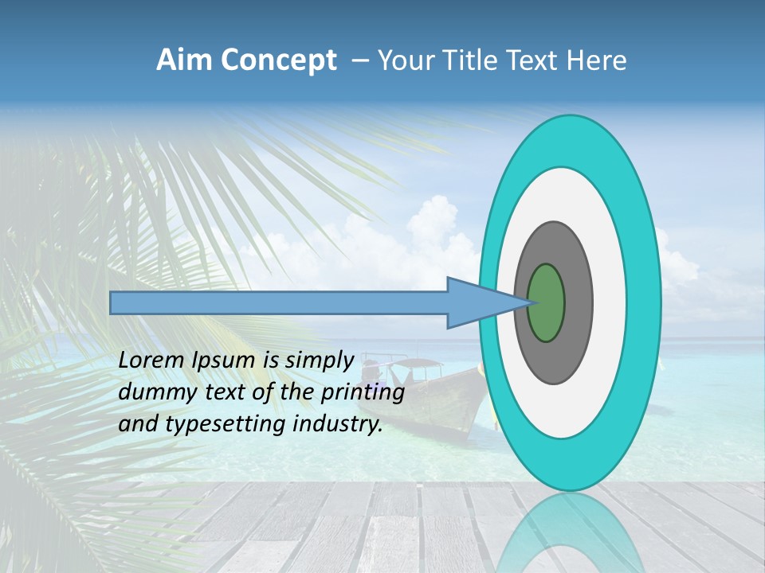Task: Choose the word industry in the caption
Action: click(338, 424)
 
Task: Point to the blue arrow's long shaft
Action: click(279, 303)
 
